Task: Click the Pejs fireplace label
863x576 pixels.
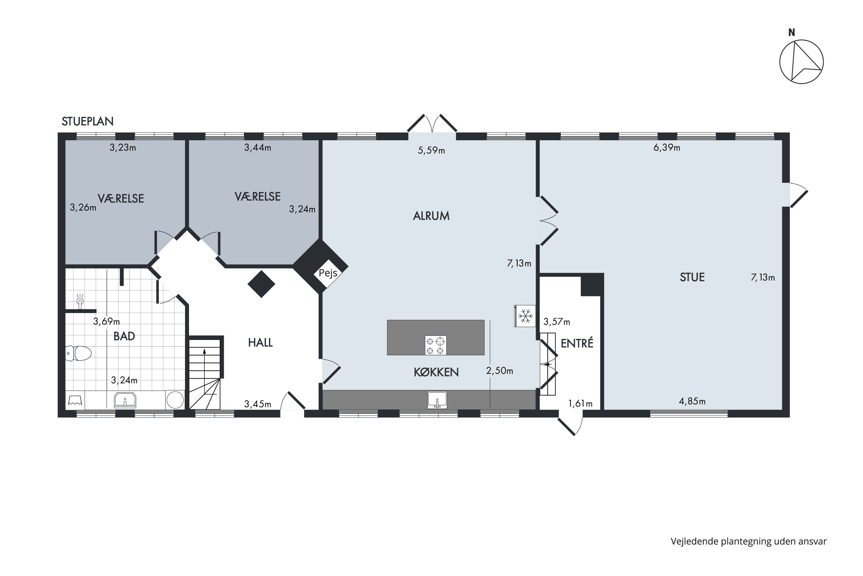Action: [x=328, y=273]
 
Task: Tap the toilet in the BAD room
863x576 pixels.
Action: [x=79, y=353]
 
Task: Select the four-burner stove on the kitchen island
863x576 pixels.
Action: [x=436, y=345]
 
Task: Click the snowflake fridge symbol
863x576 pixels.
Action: [x=525, y=316]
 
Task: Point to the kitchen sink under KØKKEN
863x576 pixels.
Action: [x=437, y=400]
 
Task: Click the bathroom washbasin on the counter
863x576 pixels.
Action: [x=125, y=400]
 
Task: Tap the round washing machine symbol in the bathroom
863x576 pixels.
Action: [x=175, y=400]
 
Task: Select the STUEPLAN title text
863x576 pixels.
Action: [x=88, y=121]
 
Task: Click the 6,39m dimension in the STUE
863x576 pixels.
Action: [x=667, y=148]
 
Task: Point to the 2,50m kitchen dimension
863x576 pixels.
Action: [x=499, y=371]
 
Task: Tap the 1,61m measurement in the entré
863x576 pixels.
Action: [x=580, y=404]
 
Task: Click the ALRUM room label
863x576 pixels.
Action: [x=431, y=216]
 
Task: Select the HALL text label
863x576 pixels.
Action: [x=260, y=343]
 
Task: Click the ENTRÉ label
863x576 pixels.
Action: [x=577, y=343]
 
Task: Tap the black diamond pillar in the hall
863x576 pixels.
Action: [x=261, y=284]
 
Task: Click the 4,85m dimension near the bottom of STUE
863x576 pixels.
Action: [x=692, y=401]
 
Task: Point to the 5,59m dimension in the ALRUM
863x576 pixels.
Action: [x=431, y=151]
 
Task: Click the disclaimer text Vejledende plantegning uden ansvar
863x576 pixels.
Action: [x=749, y=541]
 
